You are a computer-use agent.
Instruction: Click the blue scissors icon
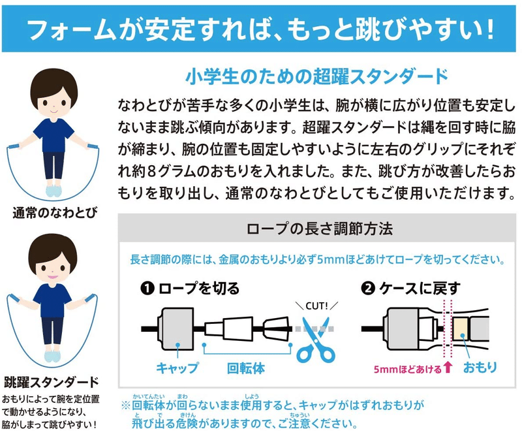coord(315,343)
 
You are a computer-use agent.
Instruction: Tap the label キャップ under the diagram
coord(177,368)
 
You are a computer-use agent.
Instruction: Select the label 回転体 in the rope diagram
coord(246,368)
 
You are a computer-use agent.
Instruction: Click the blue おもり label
coord(480,367)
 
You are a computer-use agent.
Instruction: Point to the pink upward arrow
coord(448,368)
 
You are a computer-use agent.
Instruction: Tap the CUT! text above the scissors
coord(316,306)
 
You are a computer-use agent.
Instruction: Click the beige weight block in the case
coord(460,328)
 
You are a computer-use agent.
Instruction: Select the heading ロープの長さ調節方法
coord(320,229)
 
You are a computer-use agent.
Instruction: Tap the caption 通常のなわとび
coord(55,212)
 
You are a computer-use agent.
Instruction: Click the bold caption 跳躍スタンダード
coord(52,382)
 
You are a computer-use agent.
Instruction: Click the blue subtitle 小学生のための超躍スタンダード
coord(316,76)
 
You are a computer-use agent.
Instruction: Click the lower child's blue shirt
coord(53,300)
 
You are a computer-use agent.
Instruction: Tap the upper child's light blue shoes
coord(54,191)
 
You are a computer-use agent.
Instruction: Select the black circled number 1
coord(147,289)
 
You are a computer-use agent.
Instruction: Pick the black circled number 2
coord(368,289)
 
